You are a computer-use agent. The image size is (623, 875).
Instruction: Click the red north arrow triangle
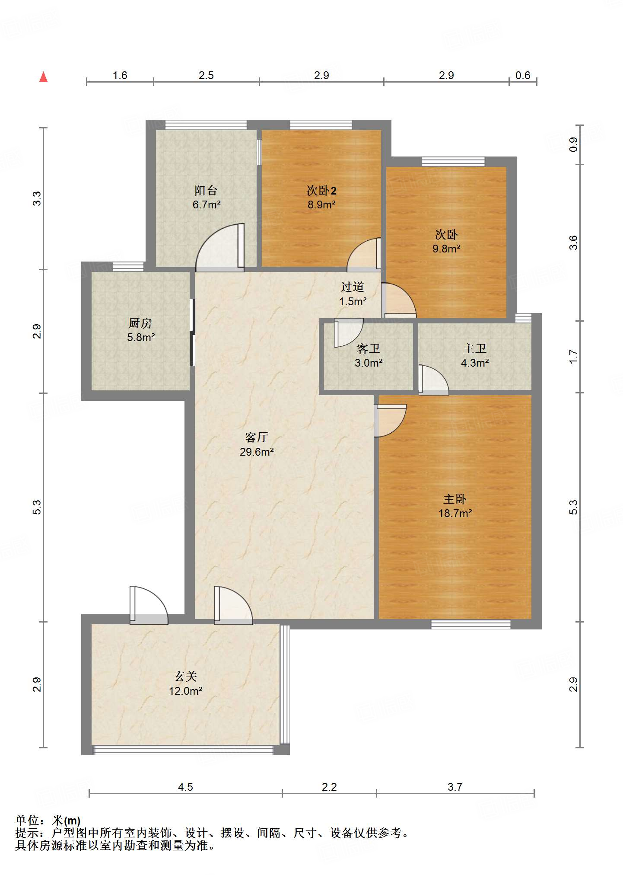tap(43, 77)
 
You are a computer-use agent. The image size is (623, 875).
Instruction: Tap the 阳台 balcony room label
tap(206, 190)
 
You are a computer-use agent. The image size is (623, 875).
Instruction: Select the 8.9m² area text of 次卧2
tap(321, 205)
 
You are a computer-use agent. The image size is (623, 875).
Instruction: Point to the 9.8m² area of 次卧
tap(446, 249)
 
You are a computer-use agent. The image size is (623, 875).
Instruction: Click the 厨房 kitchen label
tap(140, 323)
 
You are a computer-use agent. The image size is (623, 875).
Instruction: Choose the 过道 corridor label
tap(353, 287)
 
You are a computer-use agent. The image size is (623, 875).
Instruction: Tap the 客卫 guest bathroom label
tap(369, 348)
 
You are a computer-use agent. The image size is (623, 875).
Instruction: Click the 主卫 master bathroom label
tap(475, 348)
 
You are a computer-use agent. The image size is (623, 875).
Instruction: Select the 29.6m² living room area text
tap(257, 452)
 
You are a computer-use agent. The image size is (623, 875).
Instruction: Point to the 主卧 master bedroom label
tap(455, 499)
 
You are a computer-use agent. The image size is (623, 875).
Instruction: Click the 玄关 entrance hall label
tap(186, 676)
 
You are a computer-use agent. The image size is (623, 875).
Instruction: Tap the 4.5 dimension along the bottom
tap(185, 787)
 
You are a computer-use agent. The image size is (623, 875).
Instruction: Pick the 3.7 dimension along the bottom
tap(455, 787)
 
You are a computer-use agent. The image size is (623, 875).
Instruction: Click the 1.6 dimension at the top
tap(120, 76)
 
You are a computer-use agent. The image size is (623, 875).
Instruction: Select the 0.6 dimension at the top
tap(523, 76)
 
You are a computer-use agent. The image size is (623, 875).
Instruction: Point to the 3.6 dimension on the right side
tap(573, 243)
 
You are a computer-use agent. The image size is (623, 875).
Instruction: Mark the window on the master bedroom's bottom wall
tap(471, 624)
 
